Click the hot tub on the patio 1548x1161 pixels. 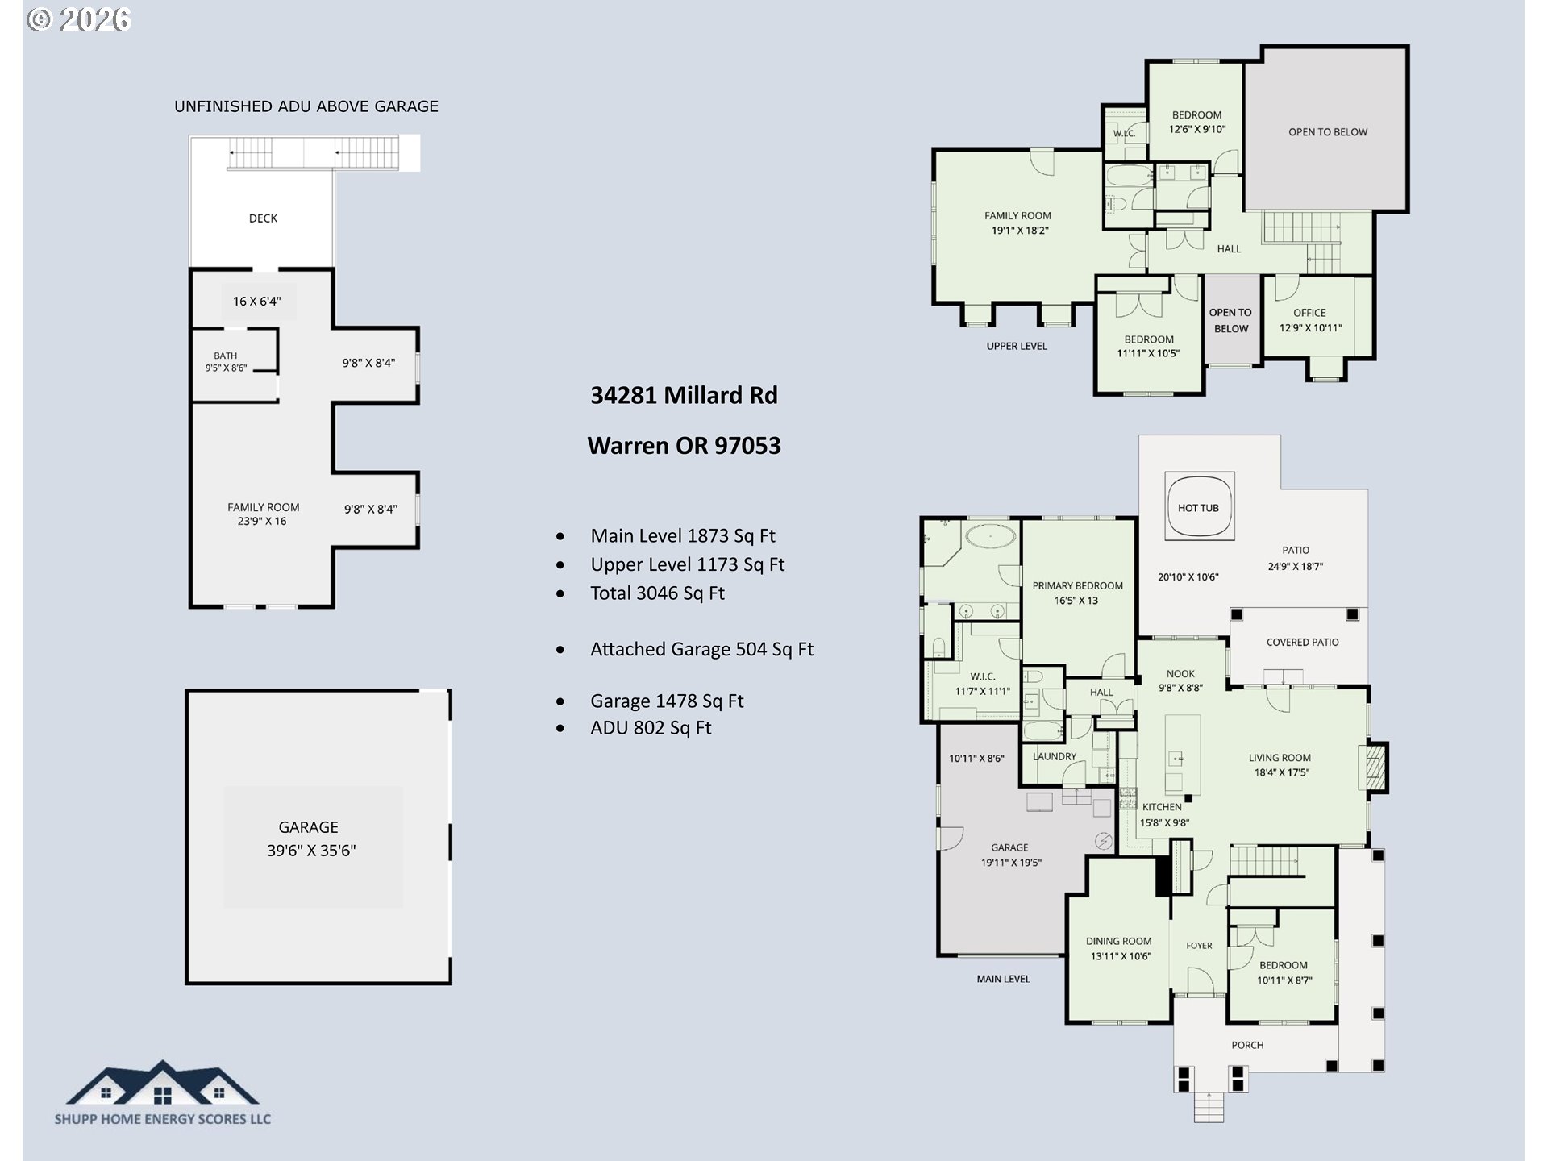tap(1199, 507)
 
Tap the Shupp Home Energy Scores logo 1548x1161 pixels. tap(163, 1092)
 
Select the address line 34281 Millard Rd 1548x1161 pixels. tap(684, 395)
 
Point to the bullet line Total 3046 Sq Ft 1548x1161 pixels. tap(657, 593)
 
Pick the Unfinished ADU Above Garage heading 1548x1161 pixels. tap(306, 106)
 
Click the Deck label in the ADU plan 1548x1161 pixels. tap(263, 218)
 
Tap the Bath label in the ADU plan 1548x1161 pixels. tap(226, 356)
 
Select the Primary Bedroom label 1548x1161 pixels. tap(1077, 585)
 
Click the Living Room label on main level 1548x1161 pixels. tap(1280, 758)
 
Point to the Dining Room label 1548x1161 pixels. tap(1118, 941)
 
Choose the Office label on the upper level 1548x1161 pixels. tap(1309, 313)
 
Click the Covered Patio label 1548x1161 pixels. tap(1302, 643)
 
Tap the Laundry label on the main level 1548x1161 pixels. tap(1055, 756)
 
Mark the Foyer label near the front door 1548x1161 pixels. tap(1199, 946)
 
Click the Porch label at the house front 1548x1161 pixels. tap(1247, 1045)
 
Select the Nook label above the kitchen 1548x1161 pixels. tap(1180, 674)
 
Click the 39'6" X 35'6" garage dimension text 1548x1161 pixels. tap(311, 851)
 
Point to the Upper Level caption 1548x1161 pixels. tap(1017, 346)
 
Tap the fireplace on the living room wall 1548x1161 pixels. tap(1375, 767)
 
